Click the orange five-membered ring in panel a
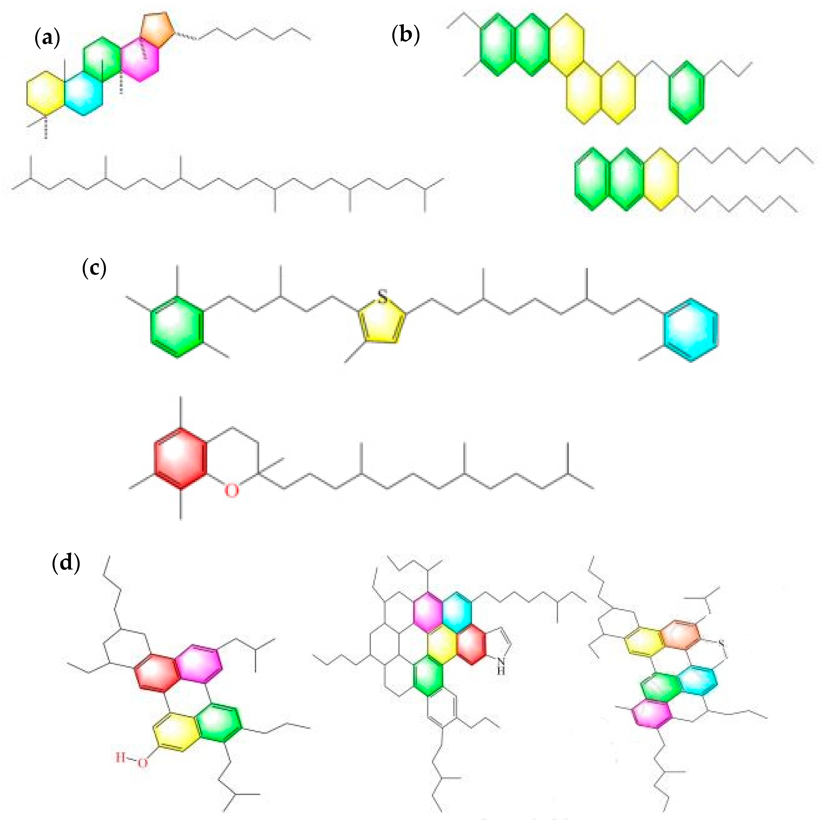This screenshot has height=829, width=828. [x=158, y=29]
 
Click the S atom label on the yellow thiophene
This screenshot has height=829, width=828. [x=382, y=296]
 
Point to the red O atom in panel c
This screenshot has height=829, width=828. [x=232, y=490]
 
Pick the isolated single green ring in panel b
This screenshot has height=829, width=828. [x=686, y=92]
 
